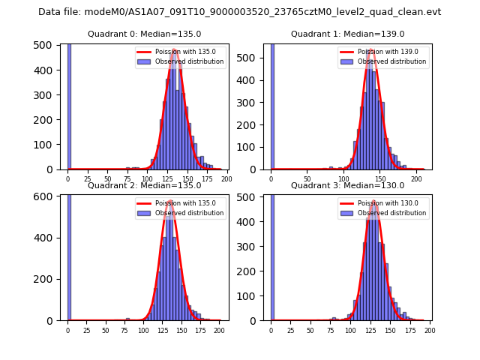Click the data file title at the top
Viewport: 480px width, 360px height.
240,12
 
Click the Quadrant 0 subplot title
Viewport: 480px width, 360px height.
145,34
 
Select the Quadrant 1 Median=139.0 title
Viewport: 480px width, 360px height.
348,34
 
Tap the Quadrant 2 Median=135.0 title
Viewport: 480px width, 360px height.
145,185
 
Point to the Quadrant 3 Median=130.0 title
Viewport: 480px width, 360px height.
348,185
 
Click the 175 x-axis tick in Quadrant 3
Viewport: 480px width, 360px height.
410,330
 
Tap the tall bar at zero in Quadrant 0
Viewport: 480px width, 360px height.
69,105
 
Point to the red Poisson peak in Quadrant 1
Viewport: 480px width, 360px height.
371,50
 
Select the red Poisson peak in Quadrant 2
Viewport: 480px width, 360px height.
169,200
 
